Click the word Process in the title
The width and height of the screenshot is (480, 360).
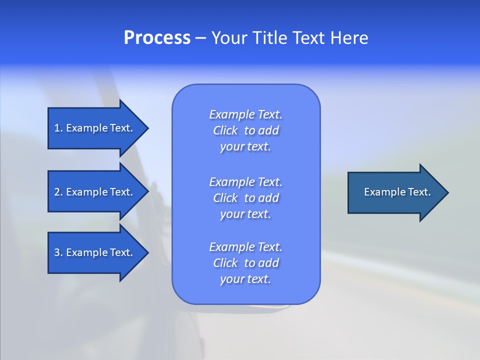pyautogui.click(x=157, y=38)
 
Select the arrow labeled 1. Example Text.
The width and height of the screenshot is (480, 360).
pyautogui.click(x=93, y=128)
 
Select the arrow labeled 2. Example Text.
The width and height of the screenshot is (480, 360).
pyautogui.click(x=93, y=192)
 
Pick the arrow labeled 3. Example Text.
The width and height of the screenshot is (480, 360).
pyautogui.click(x=93, y=252)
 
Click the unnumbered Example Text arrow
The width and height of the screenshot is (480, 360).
pyautogui.click(x=397, y=192)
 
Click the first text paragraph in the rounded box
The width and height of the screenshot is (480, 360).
pyautogui.click(x=246, y=130)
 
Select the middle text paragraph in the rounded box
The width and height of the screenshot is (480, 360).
pyautogui.click(x=246, y=198)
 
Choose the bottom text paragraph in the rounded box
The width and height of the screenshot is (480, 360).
pyautogui.click(x=246, y=263)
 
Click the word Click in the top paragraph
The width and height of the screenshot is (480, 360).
pyautogui.click(x=225, y=130)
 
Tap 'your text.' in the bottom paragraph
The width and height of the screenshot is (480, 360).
pyautogui.click(x=245, y=279)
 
